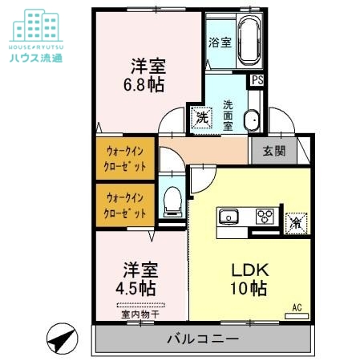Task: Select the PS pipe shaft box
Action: [x=257, y=79]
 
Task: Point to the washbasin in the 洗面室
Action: [x=251, y=119]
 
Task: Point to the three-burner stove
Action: [x=264, y=217]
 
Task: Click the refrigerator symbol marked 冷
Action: [x=296, y=219]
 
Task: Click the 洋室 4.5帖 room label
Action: [x=139, y=278]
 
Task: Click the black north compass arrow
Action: [x=60, y=339]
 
